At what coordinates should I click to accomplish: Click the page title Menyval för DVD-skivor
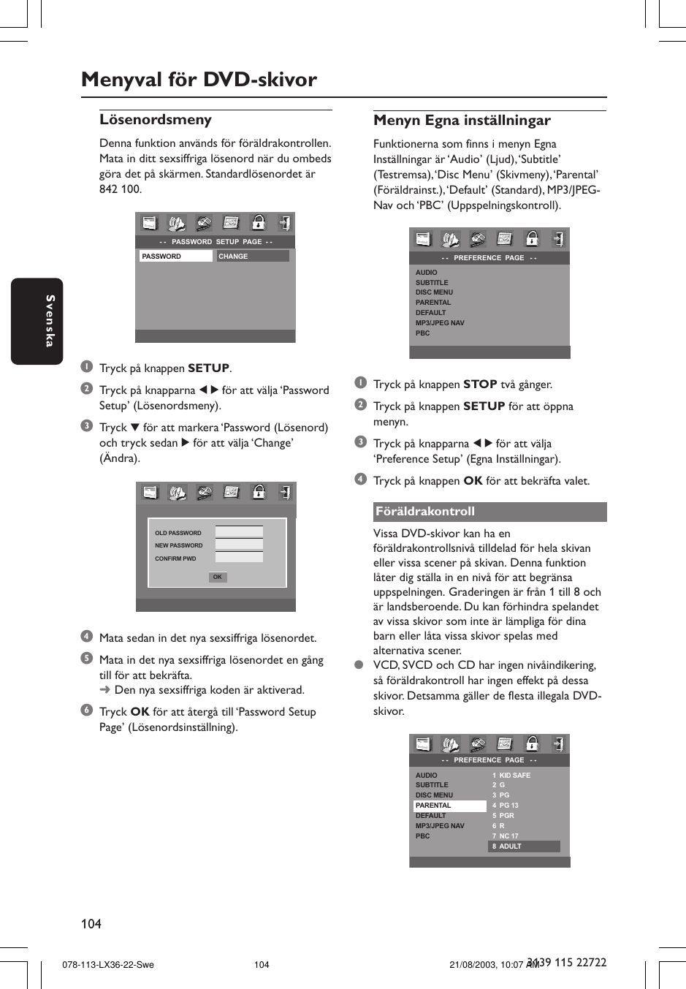(x=199, y=80)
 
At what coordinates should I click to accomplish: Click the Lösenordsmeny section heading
(x=156, y=120)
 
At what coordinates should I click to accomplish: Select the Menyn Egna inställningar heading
(x=462, y=121)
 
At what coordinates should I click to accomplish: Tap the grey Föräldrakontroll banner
(x=489, y=512)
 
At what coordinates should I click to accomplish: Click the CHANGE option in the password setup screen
(x=253, y=257)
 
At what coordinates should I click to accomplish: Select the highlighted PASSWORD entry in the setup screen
(x=175, y=257)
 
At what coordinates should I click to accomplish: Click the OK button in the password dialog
(x=217, y=577)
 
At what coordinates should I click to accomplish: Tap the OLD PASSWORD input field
(x=239, y=532)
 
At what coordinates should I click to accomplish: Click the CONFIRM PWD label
(x=175, y=558)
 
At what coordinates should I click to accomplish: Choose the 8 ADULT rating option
(x=523, y=846)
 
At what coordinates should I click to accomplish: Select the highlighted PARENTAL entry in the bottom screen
(x=449, y=806)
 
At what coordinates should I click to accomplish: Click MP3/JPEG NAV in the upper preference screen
(x=440, y=323)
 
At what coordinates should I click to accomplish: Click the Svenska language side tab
(x=37, y=321)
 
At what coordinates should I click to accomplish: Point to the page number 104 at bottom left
(x=91, y=924)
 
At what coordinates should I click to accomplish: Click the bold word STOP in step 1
(x=480, y=384)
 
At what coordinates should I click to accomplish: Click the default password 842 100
(x=121, y=189)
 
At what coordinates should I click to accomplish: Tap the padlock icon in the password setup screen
(x=258, y=223)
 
